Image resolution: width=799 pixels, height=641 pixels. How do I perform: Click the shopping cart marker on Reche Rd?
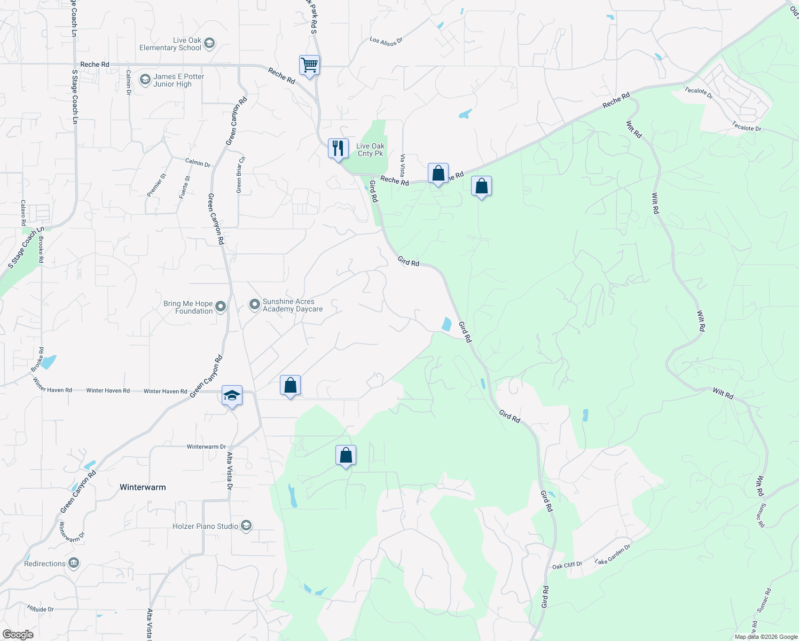tap(309, 66)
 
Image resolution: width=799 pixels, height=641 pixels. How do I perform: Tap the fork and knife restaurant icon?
tap(338, 148)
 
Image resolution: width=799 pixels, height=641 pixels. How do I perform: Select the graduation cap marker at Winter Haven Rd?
tap(232, 396)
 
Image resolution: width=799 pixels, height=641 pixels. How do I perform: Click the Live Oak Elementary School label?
tap(170, 44)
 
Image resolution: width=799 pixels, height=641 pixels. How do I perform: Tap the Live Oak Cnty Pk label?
tap(370, 150)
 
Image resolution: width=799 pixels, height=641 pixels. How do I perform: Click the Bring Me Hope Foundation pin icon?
tap(221, 307)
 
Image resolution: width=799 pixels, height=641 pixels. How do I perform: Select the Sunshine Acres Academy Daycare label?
tap(292, 305)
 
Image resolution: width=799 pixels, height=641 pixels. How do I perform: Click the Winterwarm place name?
tap(143, 487)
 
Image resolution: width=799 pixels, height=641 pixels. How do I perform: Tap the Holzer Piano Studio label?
tap(205, 526)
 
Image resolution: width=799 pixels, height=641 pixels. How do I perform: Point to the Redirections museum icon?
tap(74, 564)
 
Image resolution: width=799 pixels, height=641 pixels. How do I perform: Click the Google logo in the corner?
tap(18, 635)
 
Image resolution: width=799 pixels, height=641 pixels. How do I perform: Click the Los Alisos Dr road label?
tap(386, 41)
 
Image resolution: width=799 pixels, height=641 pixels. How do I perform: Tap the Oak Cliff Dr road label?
tap(567, 565)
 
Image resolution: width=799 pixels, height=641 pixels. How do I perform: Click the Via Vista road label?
tap(403, 166)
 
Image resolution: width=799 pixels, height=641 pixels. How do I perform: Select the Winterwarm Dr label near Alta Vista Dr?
tap(206, 447)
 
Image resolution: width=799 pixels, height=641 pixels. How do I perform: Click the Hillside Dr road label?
tap(41, 608)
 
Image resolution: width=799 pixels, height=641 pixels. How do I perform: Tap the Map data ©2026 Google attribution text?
tap(766, 637)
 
